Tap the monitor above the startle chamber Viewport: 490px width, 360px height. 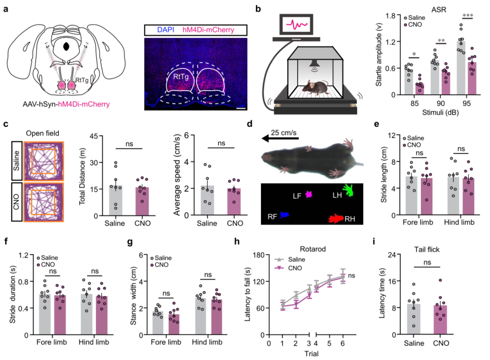pos(297,25)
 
